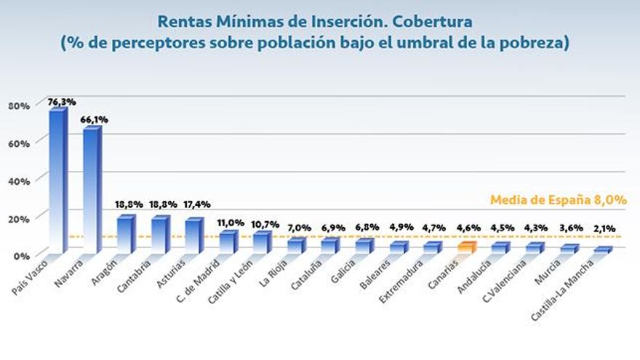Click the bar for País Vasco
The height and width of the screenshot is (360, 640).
[57, 182]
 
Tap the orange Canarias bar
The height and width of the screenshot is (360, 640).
[466, 247]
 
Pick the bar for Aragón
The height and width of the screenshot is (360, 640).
[126, 234]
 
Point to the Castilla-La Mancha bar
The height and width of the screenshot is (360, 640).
[603, 250]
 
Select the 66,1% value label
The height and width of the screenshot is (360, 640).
[94, 119]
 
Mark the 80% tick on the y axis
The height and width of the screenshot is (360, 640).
[19, 106]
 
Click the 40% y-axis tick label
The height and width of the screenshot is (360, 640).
[19, 181]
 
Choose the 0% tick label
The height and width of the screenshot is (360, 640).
[22, 256]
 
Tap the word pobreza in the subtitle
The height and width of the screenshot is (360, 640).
[532, 43]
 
